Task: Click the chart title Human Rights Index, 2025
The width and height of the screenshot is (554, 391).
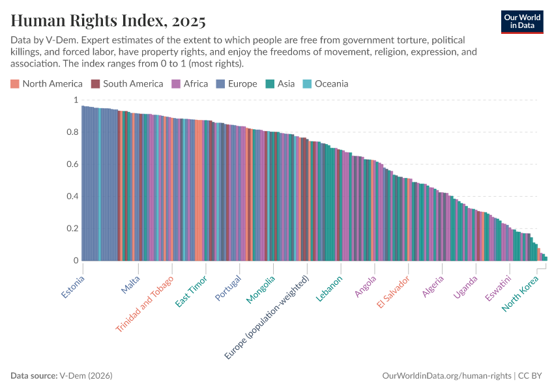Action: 108,21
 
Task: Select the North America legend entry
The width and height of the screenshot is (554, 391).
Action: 47,83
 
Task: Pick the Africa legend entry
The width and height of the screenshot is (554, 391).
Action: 190,83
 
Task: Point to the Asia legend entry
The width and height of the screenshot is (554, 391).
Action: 280,83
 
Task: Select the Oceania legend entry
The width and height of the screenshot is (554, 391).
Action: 325,83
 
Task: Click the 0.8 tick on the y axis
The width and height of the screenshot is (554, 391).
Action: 71,132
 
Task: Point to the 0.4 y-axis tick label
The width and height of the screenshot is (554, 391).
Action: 71,197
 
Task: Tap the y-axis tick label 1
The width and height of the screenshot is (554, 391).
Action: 75,100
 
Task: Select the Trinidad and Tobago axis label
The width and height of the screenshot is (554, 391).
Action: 145,304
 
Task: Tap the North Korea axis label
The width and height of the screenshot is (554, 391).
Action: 525,293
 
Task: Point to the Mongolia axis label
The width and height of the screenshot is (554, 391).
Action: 261,289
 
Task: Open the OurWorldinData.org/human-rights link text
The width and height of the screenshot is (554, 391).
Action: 446,376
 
